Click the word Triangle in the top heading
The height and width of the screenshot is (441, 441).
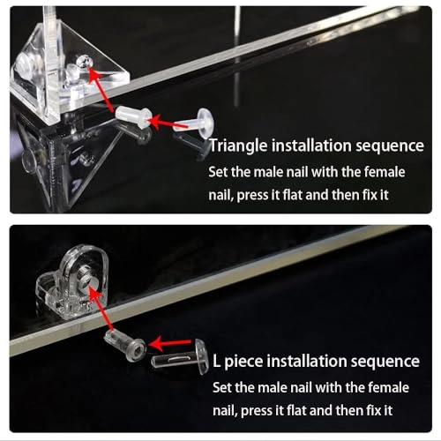pyautogui.click(x=238, y=146)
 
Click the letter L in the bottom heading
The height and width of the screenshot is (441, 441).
pyautogui.click(x=216, y=361)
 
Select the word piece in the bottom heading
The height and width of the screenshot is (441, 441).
pyautogui.click(x=243, y=362)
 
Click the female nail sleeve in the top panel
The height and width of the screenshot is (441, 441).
pyautogui.click(x=134, y=117)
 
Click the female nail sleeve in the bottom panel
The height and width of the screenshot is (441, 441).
pyautogui.click(x=125, y=344)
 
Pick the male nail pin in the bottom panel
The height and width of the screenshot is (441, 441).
pyautogui.click(x=179, y=358)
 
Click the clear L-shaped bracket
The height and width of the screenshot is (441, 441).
pyautogui.click(x=71, y=282)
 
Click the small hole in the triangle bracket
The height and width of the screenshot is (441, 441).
pyautogui.click(x=84, y=62)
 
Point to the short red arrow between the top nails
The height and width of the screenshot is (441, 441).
pyautogui.click(x=167, y=123)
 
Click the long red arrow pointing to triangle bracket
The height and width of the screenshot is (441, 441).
pyautogui.click(x=101, y=89)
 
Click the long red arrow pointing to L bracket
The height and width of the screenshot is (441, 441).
pyautogui.click(x=100, y=309)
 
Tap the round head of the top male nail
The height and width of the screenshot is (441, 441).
pyautogui.click(x=206, y=123)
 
